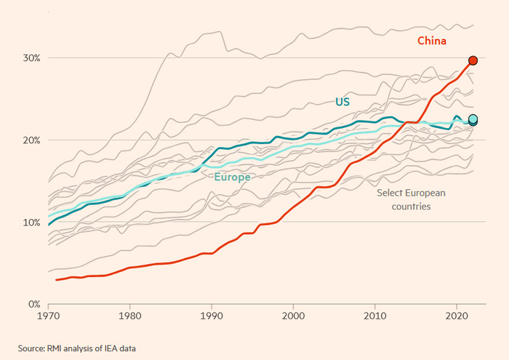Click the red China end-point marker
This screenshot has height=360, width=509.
click(473, 60)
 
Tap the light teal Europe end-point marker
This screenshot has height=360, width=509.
click(473, 119)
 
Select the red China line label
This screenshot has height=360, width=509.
click(432, 41)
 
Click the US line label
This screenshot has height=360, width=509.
click(342, 102)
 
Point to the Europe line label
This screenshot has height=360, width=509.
click(233, 177)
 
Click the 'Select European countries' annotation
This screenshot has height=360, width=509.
click(411, 200)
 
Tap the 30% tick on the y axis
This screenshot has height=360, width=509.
click(31, 58)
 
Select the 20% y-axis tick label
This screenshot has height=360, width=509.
click(31, 140)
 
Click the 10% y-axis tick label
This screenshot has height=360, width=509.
click(31, 223)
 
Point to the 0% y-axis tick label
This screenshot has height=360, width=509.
click(34, 305)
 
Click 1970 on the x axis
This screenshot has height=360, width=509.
click(49, 316)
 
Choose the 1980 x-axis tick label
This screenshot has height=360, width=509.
click(130, 316)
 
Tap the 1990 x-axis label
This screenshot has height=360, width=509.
click(212, 316)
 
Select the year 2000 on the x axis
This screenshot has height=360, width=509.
click(294, 316)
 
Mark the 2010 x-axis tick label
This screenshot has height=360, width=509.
click(375, 316)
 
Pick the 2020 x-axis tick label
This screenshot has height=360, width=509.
click(457, 316)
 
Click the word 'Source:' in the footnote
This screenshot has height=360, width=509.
click(31, 348)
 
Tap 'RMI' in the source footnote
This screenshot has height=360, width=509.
click(55, 348)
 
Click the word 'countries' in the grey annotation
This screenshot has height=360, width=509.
click(412, 207)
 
